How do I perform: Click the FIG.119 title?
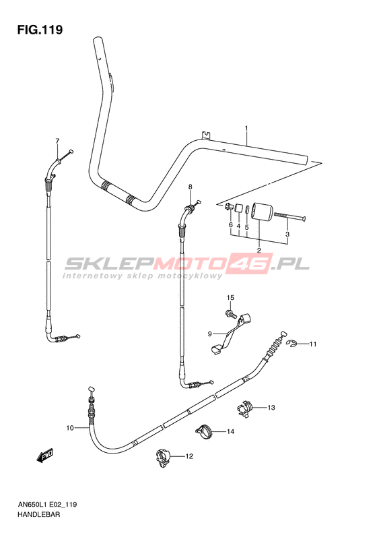[x=40, y=30]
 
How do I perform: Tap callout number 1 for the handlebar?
[x=246, y=128]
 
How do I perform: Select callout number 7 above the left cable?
[x=57, y=141]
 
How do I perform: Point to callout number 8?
[x=191, y=187]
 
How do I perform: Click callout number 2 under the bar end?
[x=259, y=251]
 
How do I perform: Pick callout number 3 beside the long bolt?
[x=287, y=234]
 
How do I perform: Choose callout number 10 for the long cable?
[x=70, y=428]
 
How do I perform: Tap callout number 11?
[x=313, y=344]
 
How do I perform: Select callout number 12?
[x=189, y=456]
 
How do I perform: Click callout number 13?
[x=271, y=408]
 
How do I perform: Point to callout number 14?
[x=231, y=432]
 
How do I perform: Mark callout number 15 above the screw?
[x=231, y=298]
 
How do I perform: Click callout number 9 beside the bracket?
[x=210, y=334]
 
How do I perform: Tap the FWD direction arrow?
[x=45, y=455]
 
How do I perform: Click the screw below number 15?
[x=231, y=313]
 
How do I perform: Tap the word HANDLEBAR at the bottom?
[x=34, y=514]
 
